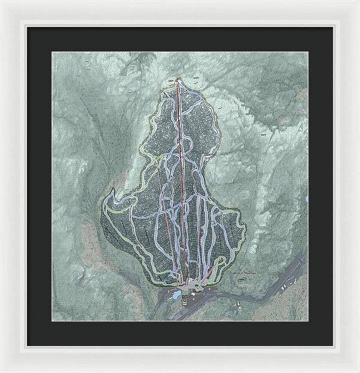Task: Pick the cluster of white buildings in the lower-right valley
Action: pos(293,278)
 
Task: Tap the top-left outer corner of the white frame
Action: pos(2,2)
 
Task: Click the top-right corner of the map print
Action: pos(308,52)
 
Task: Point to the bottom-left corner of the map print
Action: pos(52,321)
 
